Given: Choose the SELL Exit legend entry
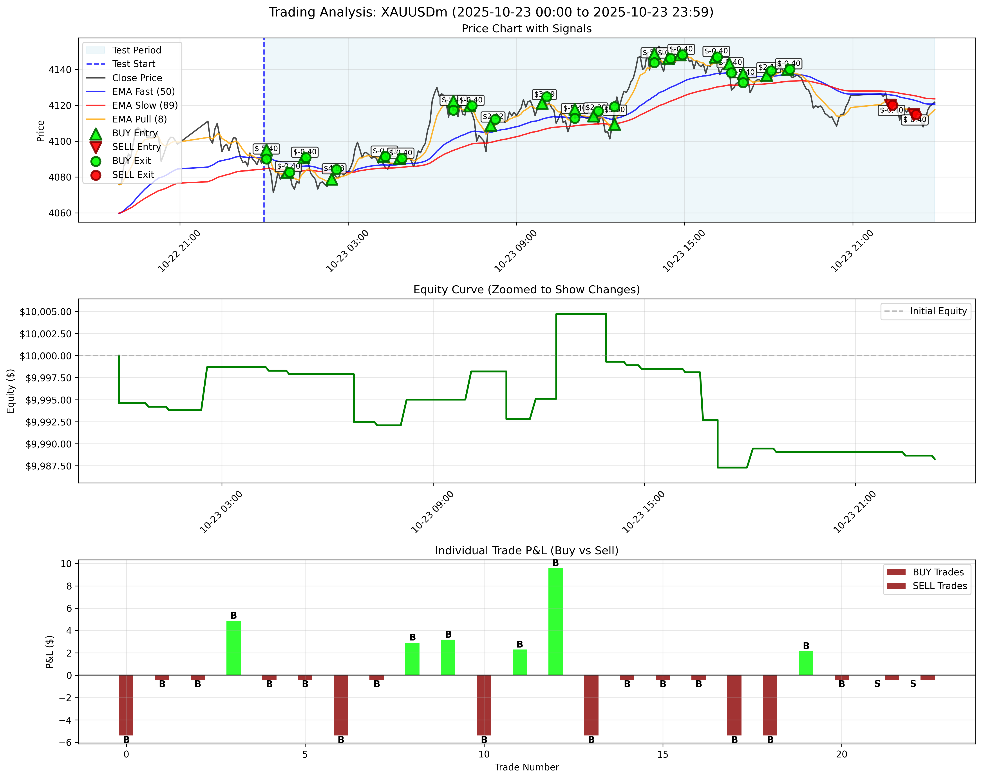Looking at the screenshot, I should click(x=133, y=175).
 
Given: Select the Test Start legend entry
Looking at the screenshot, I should click(x=134, y=64).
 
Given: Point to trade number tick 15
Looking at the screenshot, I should click(x=663, y=754).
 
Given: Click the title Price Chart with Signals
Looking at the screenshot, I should click(x=526, y=29).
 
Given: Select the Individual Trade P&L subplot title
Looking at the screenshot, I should click(x=526, y=551).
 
